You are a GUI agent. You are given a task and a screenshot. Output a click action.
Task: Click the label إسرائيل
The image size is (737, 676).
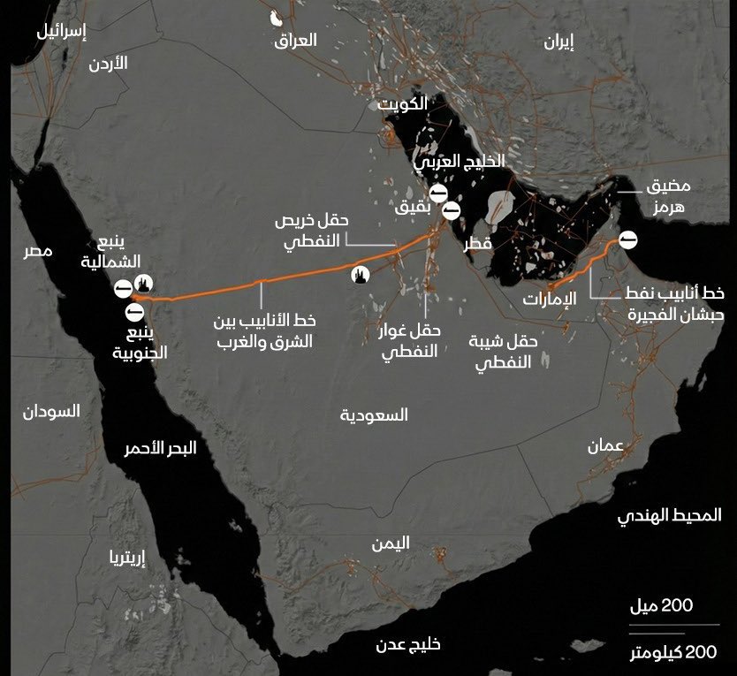click(x=62, y=32)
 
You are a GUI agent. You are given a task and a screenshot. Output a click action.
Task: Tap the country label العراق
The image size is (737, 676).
click(x=295, y=40)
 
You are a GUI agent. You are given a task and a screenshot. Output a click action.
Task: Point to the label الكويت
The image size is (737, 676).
click(x=403, y=104)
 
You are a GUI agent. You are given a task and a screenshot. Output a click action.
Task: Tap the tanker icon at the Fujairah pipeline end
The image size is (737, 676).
click(x=627, y=239)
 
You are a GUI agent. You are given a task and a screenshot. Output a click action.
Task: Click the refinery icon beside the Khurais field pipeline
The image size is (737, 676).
click(x=360, y=276)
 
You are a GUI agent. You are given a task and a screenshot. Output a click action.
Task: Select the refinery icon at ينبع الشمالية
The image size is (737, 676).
click(x=145, y=284)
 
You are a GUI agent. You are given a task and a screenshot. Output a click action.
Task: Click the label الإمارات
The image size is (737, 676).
click(x=548, y=299)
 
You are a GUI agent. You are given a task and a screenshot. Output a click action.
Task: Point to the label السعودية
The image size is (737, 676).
click(x=374, y=414)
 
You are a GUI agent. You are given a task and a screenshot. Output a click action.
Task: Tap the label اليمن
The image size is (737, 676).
click(x=391, y=543)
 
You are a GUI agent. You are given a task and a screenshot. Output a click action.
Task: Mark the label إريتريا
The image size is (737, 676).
click(x=126, y=558)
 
